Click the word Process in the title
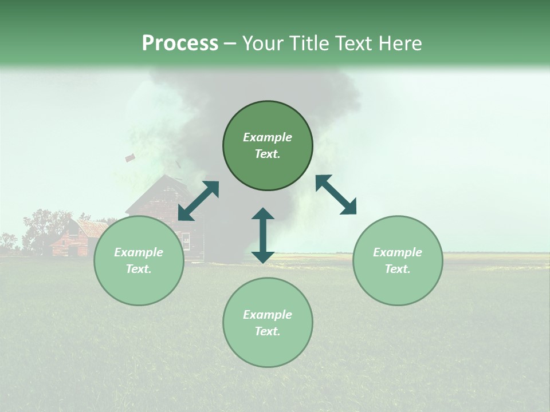180,43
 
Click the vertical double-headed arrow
263,235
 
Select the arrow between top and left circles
198,201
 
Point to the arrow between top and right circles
336,195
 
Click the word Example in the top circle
268,137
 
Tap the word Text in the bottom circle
268,331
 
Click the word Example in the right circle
398,252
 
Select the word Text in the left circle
139,269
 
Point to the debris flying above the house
130,157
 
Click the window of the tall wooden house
185,240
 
